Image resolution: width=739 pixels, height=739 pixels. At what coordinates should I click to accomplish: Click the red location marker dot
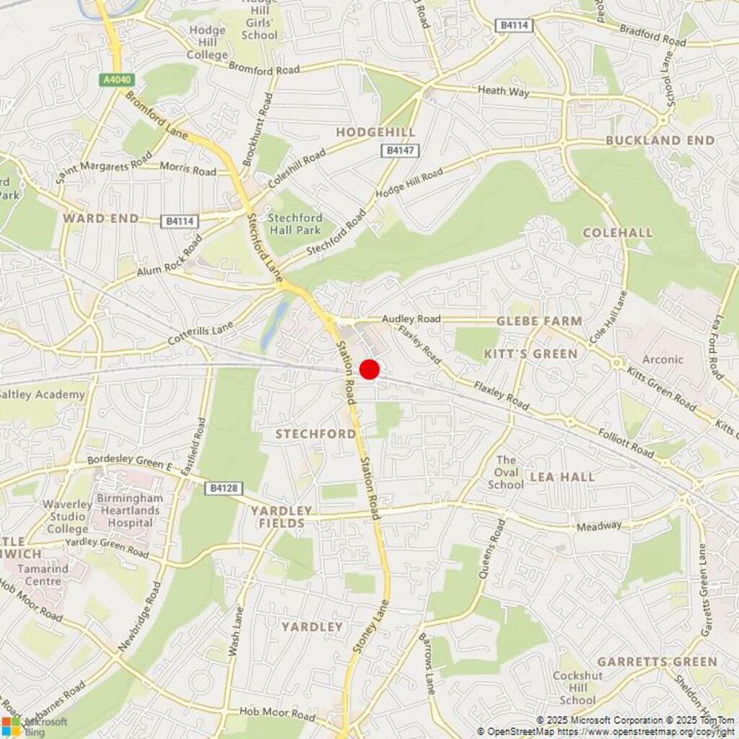[369, 369]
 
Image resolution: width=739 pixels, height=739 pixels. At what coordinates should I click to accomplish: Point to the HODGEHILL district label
[375, 132]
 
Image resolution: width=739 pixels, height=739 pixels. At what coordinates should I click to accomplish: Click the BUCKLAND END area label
[660, 140]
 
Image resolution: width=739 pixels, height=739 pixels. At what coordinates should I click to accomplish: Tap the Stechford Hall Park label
[294, 223]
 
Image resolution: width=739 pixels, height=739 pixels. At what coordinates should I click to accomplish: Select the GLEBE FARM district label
[539, 321]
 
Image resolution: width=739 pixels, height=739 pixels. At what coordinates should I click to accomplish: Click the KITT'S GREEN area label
[530, 354]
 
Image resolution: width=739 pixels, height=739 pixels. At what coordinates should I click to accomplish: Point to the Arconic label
[663, 359]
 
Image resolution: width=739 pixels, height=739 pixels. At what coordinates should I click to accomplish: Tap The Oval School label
[506, 472]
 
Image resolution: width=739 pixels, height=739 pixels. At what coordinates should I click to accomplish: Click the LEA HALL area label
[562, 477]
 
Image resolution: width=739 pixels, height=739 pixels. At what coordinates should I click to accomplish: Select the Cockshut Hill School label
[577, 688]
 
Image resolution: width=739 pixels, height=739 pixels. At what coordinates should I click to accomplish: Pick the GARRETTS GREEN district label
[657, 662]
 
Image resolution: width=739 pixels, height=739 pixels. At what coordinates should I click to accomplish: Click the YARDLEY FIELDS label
[281, 517]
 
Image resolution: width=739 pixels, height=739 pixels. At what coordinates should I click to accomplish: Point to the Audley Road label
[411, 319]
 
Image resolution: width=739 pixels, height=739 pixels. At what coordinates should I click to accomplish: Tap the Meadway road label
[598, 527]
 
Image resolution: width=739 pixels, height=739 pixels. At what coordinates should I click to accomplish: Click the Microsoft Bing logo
[35, 726]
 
